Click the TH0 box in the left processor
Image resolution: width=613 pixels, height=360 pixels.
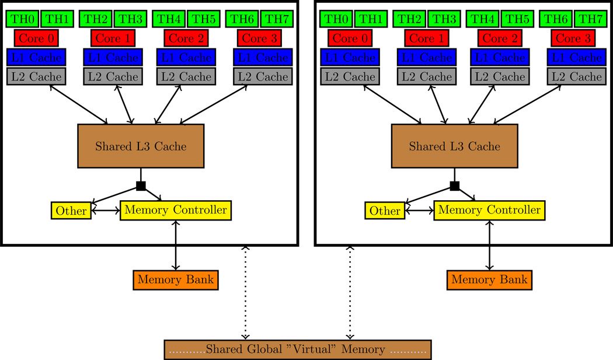[22, 19]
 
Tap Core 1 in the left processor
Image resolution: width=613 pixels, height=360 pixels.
[113, 39]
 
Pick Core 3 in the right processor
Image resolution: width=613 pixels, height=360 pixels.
[573, 39]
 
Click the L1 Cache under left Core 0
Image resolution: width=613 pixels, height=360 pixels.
[36, 58]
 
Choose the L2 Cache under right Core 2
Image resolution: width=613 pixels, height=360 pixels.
[499, 76]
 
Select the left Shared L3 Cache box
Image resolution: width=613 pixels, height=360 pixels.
[141, 146]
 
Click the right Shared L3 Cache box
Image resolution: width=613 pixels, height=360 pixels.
[455, 146]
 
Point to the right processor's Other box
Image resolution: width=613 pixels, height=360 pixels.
[385, 211]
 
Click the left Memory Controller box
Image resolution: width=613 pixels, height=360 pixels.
[176, 210]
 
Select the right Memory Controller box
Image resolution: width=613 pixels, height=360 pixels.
[490, 210]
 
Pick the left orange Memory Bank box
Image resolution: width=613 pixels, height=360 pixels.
[176, 280]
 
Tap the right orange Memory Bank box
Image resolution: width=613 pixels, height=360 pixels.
[490, 280]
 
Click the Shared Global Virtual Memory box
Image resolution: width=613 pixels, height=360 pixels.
[298, 349]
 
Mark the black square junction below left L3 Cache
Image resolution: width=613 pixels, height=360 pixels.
[141, 186]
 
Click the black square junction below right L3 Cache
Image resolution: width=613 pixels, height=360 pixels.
[455, 186]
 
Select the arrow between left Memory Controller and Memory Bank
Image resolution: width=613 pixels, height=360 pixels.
[176, 245]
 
